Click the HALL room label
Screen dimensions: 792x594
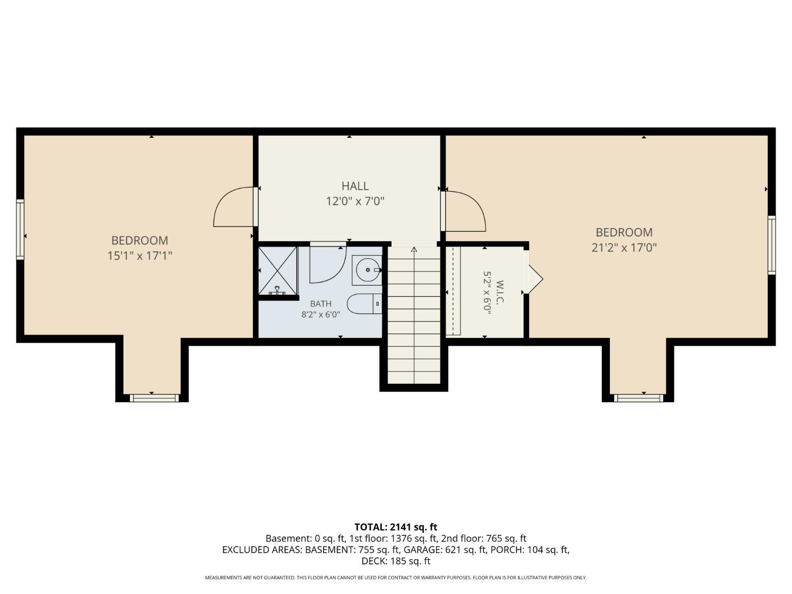tap(355, 186)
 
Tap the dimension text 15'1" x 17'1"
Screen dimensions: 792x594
tap(139, 256)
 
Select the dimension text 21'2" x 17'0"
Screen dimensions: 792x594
tap(624, 248)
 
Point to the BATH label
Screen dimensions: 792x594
tap(320, 304)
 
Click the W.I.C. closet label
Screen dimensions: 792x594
tap(499, 293)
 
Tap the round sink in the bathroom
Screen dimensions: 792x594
tap(367, 270)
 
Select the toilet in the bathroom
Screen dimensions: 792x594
tap(364, 304)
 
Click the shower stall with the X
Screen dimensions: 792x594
tap(278, 271)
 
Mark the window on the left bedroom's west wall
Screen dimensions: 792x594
tap(20, 229)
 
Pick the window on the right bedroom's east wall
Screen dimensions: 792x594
tap(771, 245)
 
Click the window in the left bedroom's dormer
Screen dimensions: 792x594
tap(154, 398)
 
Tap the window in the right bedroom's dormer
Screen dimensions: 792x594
tap(639, 398)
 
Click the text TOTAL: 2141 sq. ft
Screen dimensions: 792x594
tap(396, 527)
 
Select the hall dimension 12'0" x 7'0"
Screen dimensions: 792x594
tap(355, 201)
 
